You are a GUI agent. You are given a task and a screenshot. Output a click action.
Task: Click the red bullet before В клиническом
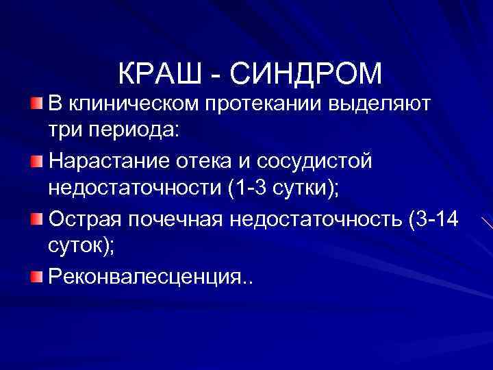click(36, 104)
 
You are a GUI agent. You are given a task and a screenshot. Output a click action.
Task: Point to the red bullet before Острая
click(36, 219)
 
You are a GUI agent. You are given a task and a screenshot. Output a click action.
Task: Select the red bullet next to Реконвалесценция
click(36, 277)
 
